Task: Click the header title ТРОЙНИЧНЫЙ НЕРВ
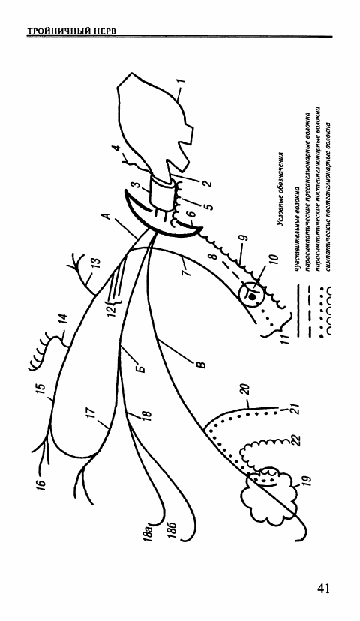[x=72, y=31]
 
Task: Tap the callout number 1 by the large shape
[x=182, y=82]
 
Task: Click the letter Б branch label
[x=141, y=367]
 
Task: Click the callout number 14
[x=63, y=319]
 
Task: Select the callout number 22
[x=298, y=440]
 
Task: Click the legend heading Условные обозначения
[x=281, y=188]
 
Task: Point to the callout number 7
[x=187, y=273]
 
